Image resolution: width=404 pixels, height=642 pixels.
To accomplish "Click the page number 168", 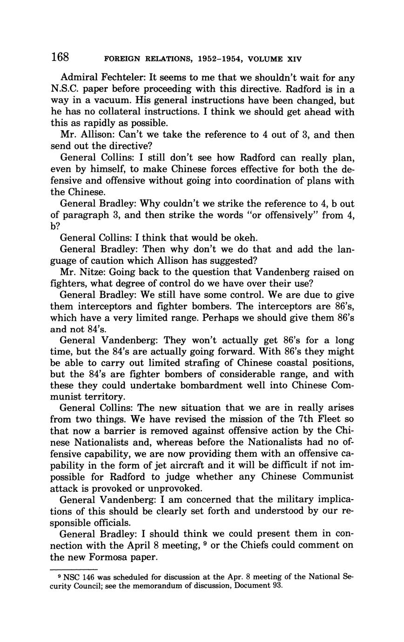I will (x=60, y=58).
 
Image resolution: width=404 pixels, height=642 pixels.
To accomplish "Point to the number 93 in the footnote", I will (x=276, y=586).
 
